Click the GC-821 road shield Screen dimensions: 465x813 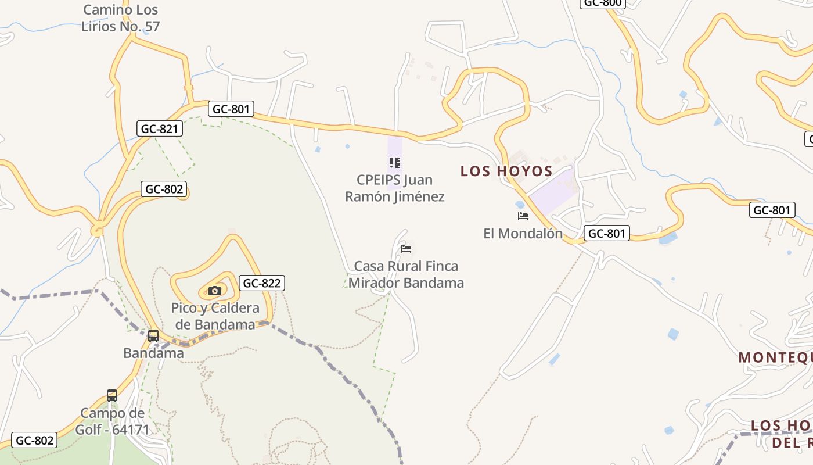pos(160,128)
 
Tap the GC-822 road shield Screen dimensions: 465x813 pos(261,283)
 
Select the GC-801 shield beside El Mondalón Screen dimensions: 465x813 pos(606,234)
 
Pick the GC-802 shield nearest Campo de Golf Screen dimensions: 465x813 pos(35,441)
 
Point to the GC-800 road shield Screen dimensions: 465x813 pos(602,3)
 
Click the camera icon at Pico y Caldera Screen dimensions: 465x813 pos(215,291)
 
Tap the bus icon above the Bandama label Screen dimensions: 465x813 pos(153,336)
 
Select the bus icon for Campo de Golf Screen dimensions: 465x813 pos(112,396)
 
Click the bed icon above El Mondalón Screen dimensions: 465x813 pos(523,216)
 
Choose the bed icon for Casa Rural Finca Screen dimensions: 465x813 pos(406,249)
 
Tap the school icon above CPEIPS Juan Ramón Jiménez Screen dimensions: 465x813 pos(395,163)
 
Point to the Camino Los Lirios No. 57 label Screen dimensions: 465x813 pos(120,18)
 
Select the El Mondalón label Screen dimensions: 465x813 pos(523,234)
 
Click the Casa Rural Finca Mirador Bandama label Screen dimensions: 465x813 pos(406,274)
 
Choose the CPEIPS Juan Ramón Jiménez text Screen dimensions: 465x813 pos(395,188)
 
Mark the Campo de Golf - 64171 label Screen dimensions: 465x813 pos(113,421)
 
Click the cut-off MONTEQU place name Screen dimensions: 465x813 pos(775,357)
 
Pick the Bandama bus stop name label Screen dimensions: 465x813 pos(153,353)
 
